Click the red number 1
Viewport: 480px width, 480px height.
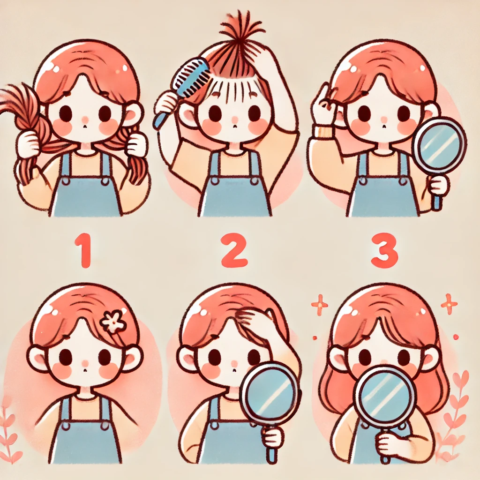(83, 250)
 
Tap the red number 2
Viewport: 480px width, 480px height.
(234, 249)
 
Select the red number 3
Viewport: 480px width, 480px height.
(384, 250)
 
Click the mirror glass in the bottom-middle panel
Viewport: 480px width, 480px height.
(269, 391)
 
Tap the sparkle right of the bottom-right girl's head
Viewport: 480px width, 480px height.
(449, 304)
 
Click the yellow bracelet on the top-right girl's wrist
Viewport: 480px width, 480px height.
(322, 132)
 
